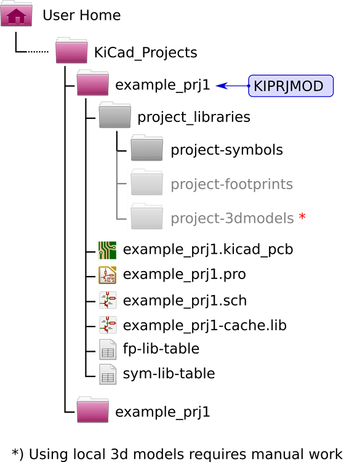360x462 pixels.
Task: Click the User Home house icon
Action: [17, 15]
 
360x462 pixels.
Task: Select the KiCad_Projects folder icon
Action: [71, 52]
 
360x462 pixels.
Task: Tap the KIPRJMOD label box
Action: [290, 86]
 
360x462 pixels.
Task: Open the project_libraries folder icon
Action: [115, 116]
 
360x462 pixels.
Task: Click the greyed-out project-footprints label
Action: [231, 184]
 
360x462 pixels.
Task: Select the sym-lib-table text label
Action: [169, 373]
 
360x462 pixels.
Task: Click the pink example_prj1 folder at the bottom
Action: [93, 411]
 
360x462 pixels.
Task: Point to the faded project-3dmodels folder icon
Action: [148, 217]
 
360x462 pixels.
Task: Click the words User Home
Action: [81, 15]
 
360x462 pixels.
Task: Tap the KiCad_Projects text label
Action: [145, 52]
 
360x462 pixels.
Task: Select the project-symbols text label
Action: [226, 150]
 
